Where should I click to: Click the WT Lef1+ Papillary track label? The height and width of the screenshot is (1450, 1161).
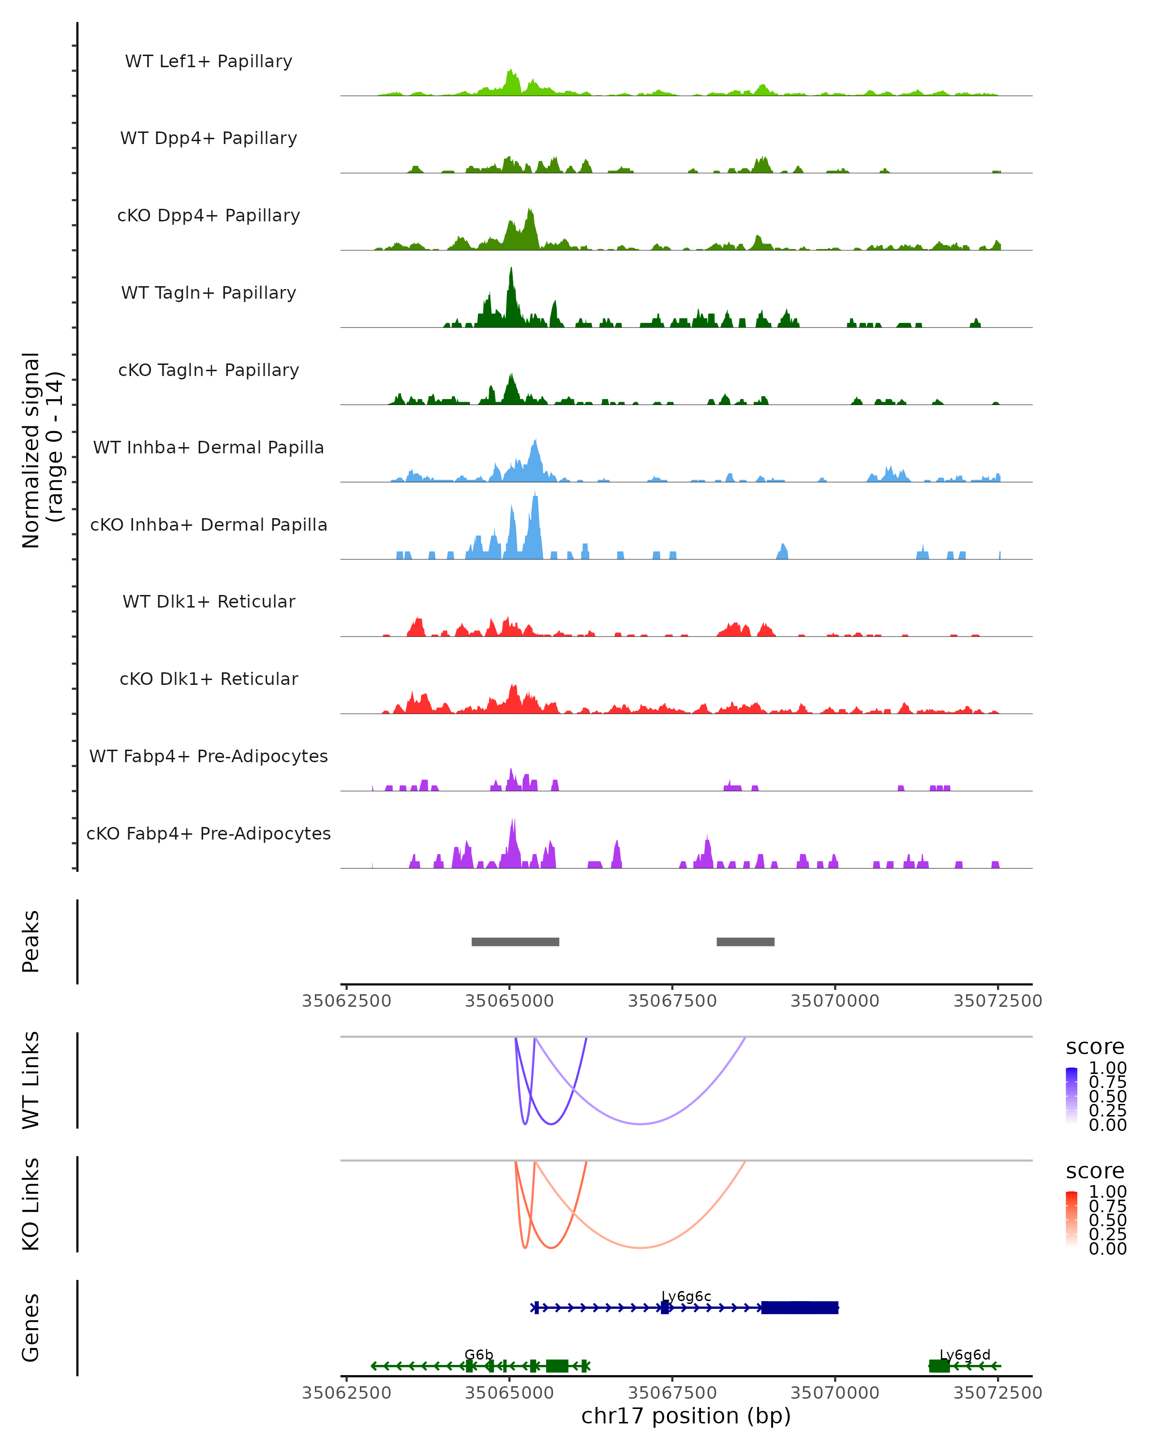pos(208,61)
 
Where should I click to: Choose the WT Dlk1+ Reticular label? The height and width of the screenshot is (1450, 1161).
pos(208,601)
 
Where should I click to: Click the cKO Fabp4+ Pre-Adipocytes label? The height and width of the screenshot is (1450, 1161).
pos(208,833)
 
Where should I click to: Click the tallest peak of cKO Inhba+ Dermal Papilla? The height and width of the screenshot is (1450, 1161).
pos(536,495)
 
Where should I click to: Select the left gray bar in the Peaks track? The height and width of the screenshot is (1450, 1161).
pos(515,942)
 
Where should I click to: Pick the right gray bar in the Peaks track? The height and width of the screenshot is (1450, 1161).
pos(745,942)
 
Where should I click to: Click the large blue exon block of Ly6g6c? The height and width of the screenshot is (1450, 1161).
pos(800,1307)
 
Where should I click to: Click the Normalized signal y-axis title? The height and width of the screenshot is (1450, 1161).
pos(42,450)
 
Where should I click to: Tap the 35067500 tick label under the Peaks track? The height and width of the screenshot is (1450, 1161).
pos(672,1001)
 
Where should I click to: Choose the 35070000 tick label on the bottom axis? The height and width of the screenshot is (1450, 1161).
pos(834,1392)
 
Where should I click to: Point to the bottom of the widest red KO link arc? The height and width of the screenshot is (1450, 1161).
pos(641,1247)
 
